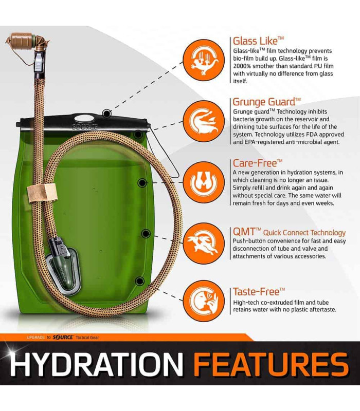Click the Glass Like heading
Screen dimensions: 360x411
tap(258, 41)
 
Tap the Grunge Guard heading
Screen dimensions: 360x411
tap(266, 102)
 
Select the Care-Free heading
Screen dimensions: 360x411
tap(258, 163)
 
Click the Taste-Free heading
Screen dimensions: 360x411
tap(259, 292)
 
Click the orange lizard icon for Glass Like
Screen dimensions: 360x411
tap(204, 60)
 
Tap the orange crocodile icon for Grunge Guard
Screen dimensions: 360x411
tap(204, 121)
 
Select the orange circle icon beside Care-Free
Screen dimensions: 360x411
tap(204, 182)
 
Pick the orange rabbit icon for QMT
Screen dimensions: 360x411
tap(204, 244)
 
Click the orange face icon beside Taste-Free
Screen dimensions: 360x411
tap(204, 301)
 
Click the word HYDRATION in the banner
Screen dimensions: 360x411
tap(97, 364)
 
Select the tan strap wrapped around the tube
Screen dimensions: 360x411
tap(42, 193)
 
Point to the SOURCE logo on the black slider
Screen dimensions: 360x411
tap(85, 127)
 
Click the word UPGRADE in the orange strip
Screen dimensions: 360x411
tap(35, 338)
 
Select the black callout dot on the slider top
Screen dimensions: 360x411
tap(106, 114)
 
